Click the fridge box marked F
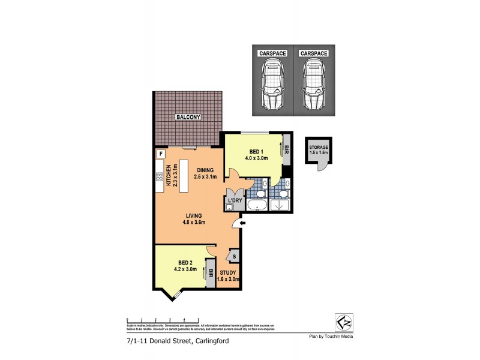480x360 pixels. click(x=160, y=154)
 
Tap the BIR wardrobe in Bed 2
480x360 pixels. click(x=211, y=272)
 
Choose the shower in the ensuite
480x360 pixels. click(x=280, y=205)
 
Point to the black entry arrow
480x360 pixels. click(x=242, y=224)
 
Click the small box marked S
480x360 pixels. click(x=233, y=257)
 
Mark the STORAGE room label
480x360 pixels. click(x=318, y=147)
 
